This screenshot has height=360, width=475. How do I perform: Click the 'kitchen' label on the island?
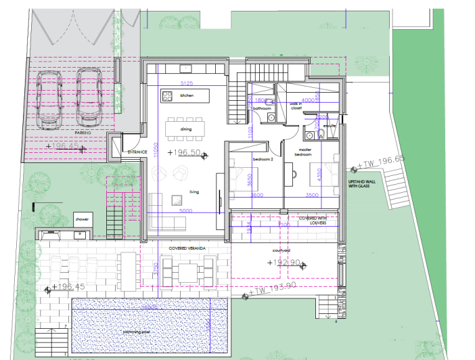[187, 96]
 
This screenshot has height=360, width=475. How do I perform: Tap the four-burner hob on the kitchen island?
[167, 96]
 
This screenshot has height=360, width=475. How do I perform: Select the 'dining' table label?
[186, 129]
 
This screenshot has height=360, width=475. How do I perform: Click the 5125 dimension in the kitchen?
[187, 83]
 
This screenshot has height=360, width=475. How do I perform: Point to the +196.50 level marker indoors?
[185, 153]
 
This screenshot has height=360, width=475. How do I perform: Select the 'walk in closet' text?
[296, 106]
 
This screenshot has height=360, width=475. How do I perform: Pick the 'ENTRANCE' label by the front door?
[137, 152]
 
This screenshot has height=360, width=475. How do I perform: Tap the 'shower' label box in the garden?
[82, 219]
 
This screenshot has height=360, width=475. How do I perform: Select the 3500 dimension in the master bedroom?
[312, 195]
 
